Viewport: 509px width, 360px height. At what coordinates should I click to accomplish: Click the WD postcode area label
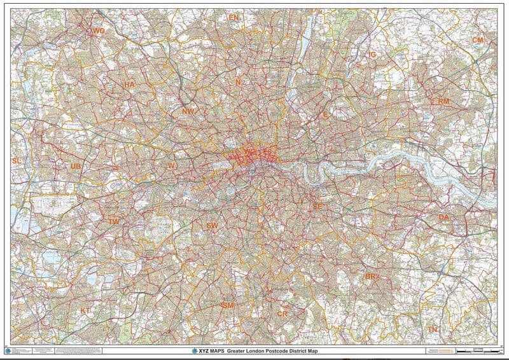pyautogui.click(x=98, y=31)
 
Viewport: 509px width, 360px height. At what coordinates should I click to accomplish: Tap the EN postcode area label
pyautogui.click(x=234, y=18)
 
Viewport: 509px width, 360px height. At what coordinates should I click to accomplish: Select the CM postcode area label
pyautogui.click(x=477, y=40)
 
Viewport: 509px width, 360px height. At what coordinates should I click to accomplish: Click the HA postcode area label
pyautogui.click(x=129, y=84)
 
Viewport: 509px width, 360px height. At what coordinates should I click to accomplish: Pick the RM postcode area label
pyautogui.click(x=443, y=101)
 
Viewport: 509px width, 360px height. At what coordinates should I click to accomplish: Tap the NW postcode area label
pyautogui.click(x=187, y=111)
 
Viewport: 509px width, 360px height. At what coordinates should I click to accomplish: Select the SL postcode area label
pyautogui.click(x=17, y=161)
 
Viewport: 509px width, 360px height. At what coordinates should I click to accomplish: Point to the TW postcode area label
pyautogui.click(x=114, y=221)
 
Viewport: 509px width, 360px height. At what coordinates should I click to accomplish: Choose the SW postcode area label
pyautogui.click(x=213, y=226)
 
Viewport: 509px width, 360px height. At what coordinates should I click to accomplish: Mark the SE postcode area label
pyautogui.click(x=317, y=207)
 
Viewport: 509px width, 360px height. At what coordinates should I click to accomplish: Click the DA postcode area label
pyautogui.click(x=443, y=218)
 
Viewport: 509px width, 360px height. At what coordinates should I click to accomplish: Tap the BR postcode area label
pyautogui.click(x=370, y=277)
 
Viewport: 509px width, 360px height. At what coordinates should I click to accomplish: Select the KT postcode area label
pyautogui.click(x=86, y=310)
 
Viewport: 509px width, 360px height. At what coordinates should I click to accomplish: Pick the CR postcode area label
pyautogui.click(x=282, y=314)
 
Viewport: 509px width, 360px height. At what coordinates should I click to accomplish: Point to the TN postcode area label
pyautogui.click(x=433, y=329)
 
